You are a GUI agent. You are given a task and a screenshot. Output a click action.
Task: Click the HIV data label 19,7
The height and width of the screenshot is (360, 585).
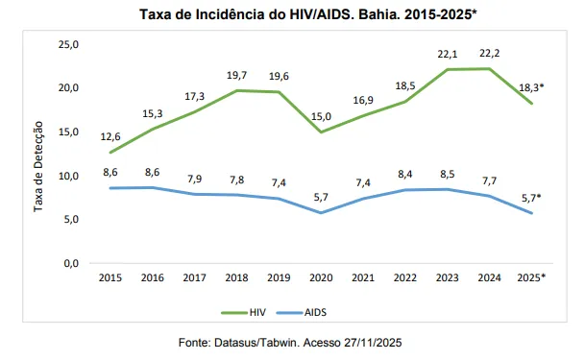[x=236, y=74]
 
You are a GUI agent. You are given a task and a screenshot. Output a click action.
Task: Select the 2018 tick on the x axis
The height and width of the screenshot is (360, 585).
[x=235, y=278]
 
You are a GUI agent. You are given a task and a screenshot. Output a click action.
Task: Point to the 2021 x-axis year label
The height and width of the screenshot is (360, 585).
[x=362, y=278]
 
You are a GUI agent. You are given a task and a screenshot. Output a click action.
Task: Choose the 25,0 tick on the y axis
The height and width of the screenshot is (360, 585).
[x=69, y=44]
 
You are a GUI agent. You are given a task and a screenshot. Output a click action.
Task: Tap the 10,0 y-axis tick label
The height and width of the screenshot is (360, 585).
[x=69, y=175]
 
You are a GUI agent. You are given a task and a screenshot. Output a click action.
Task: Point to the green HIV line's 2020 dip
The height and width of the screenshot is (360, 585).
[x=320, y=132]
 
